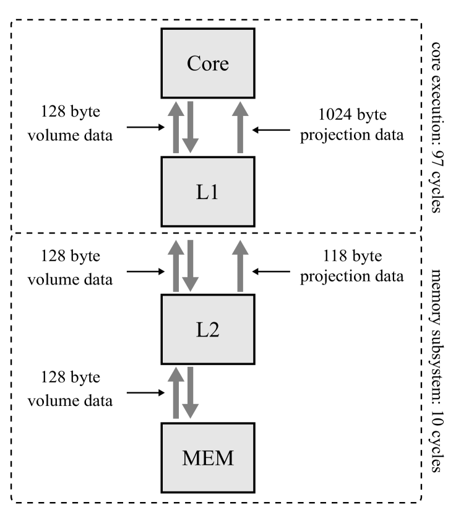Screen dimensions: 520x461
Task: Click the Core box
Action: tap(208, 63)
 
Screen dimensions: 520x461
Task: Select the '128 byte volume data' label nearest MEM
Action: tap(76, 389)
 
